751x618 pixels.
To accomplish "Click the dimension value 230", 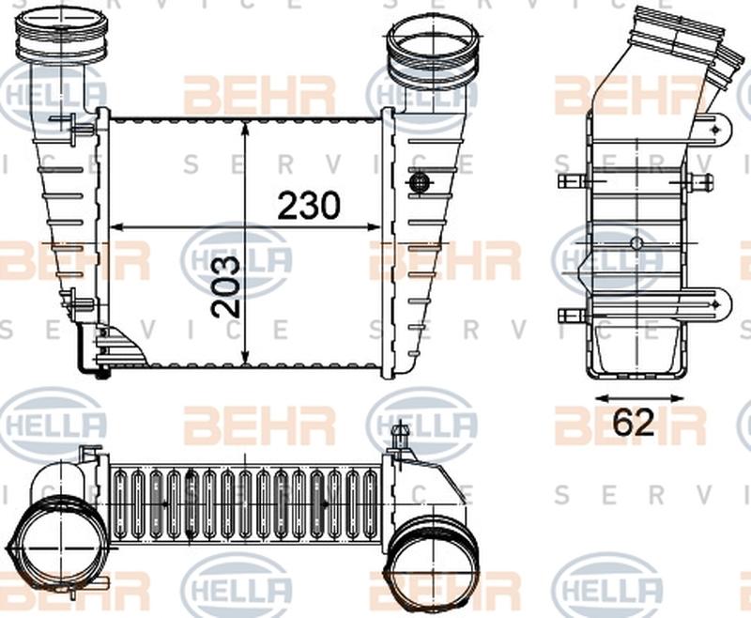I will [x=307, y=205].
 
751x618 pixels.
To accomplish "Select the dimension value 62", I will [x=634, y=423].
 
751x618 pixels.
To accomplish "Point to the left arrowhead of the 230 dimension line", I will [x=116, y=227].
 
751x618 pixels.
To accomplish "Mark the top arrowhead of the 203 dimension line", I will [x=246, y=127].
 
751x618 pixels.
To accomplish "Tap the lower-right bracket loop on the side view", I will [x=717, y=303].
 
